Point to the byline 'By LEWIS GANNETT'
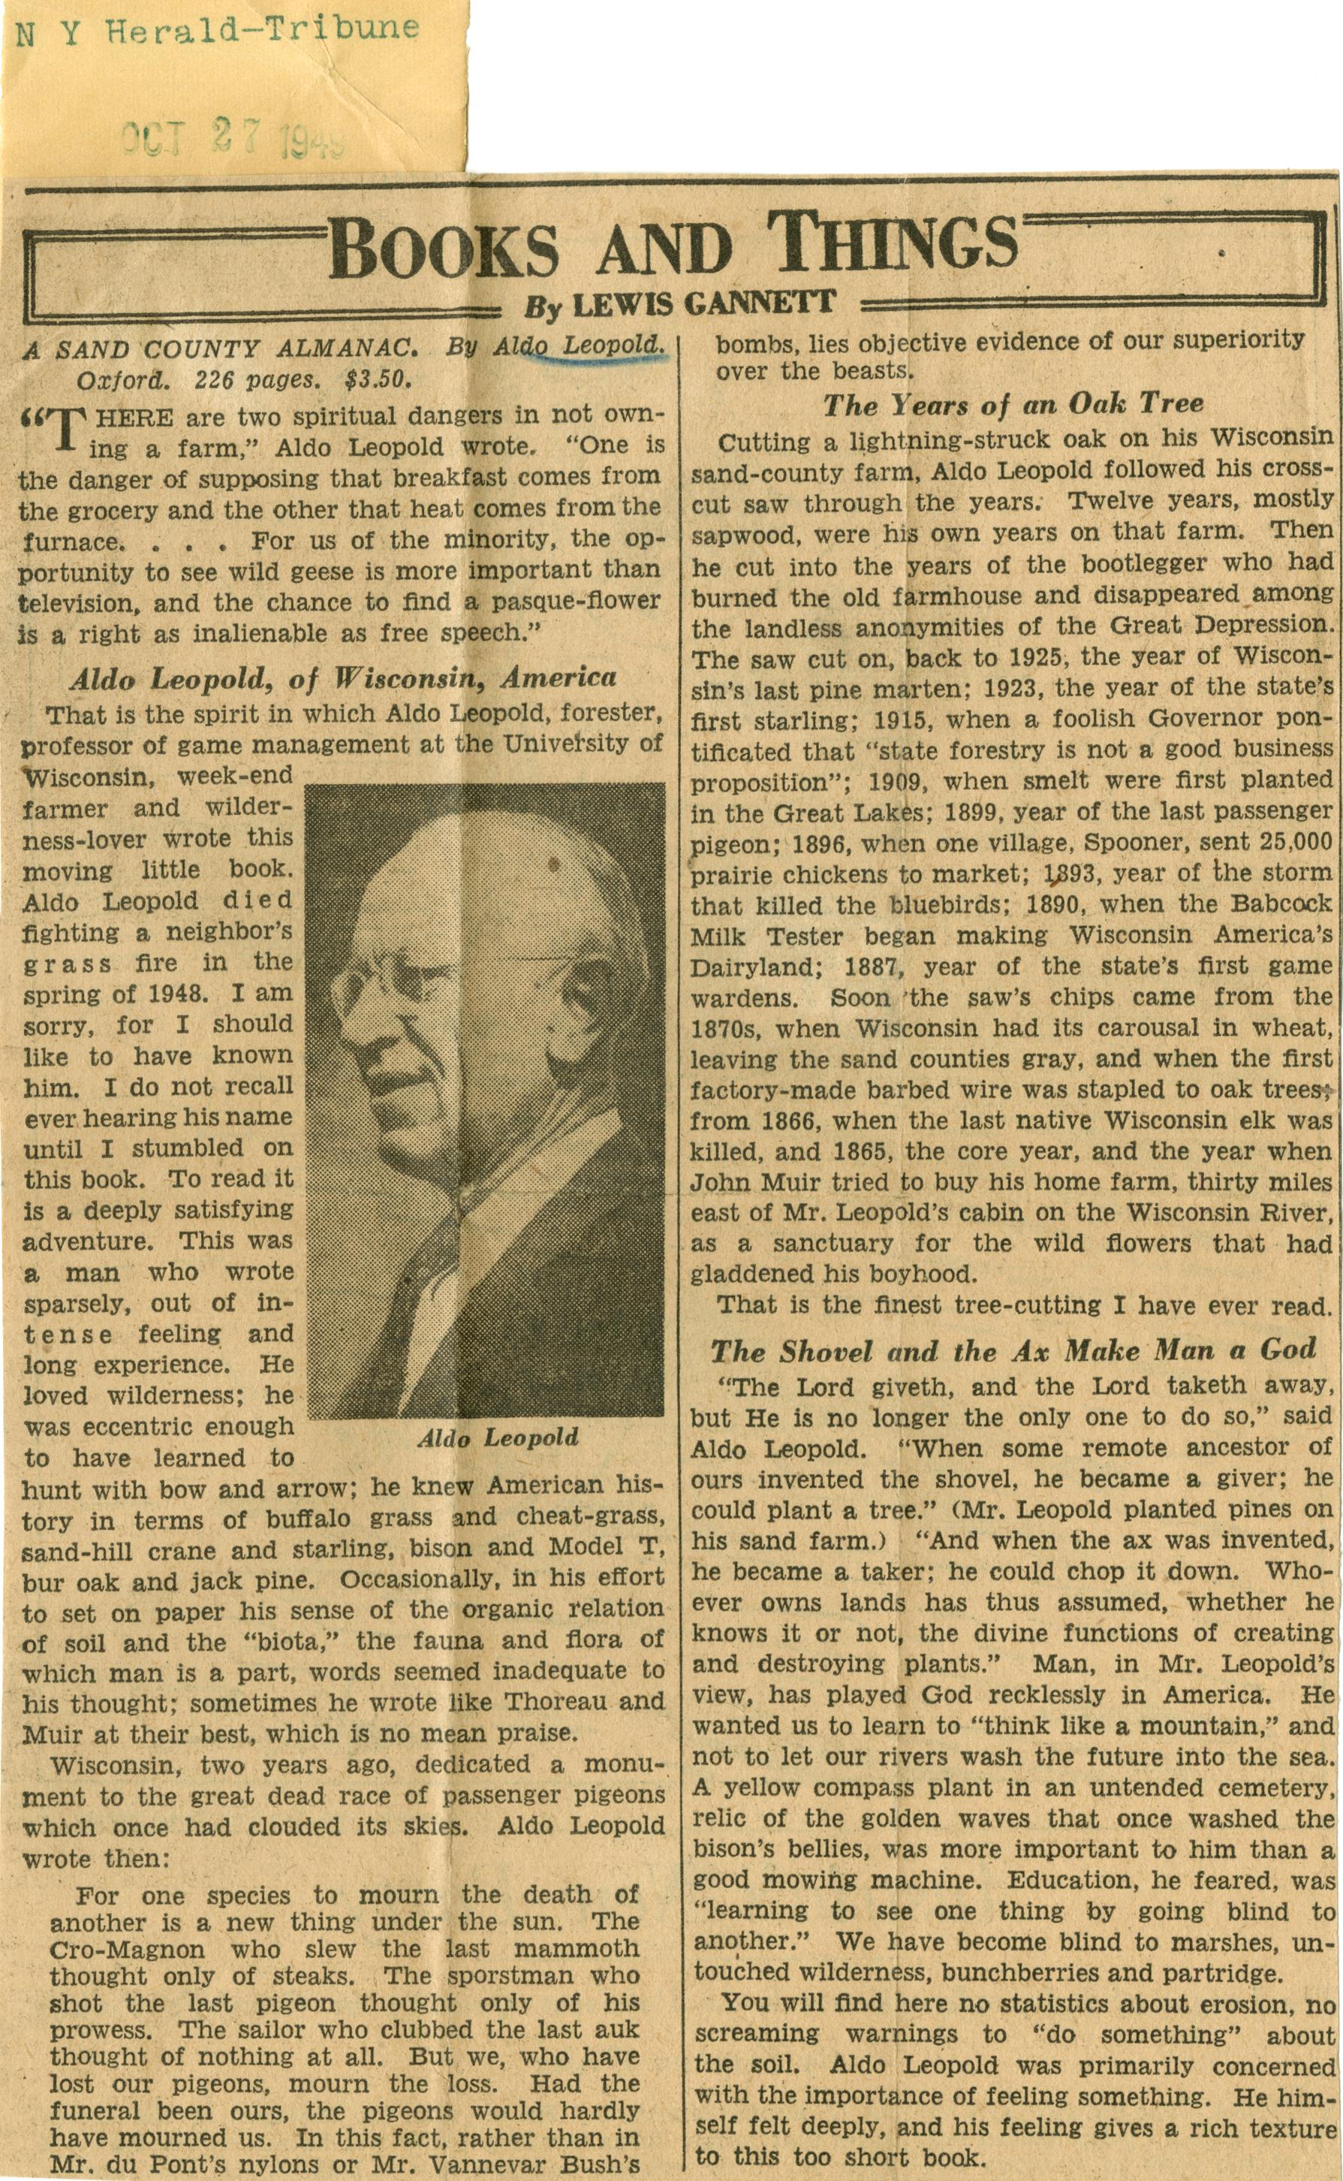coord(679,305)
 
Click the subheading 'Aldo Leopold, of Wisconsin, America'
coord(343,679)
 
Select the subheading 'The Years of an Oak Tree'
coord(1013,404)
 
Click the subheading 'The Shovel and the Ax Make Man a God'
coord(1013,1350)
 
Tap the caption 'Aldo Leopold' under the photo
coord(498,1437)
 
